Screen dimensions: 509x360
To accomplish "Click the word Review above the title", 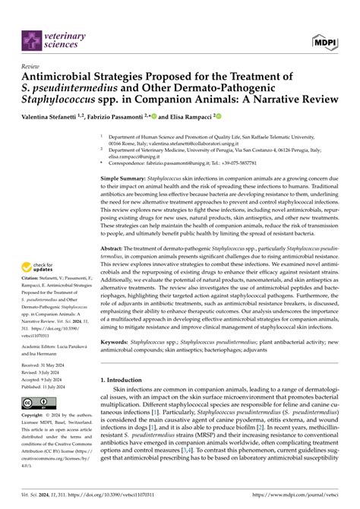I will point(32,66).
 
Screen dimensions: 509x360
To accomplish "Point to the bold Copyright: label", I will point(36,416).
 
